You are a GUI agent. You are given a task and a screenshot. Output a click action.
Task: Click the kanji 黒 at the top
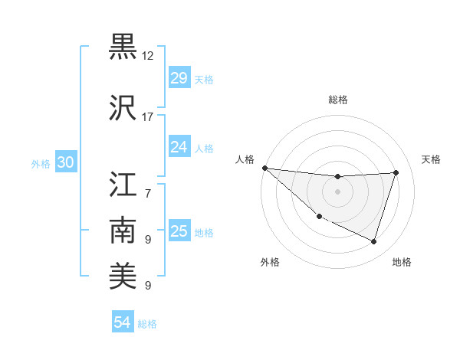click(x=123, y=47)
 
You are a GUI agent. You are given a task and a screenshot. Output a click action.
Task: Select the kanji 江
click(x=123, y=185)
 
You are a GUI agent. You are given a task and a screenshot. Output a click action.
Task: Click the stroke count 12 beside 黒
click(x=148, y=56)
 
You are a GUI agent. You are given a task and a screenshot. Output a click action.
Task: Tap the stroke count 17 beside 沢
click(x=148, y=117)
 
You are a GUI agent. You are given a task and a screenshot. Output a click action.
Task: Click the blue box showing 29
click(x=179, y=78)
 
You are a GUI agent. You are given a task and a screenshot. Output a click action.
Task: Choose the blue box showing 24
click(x=179, y=146)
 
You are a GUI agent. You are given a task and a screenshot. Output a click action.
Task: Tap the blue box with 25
click(x=179, y=231)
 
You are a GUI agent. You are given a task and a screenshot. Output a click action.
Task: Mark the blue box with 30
click(x=65, y=162)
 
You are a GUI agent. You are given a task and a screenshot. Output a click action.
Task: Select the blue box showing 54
click(x=123, y=322)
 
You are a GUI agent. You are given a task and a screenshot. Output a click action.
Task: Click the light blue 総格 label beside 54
click(x=147, y=324)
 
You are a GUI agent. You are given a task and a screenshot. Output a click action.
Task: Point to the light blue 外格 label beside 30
click(x=41, y=164)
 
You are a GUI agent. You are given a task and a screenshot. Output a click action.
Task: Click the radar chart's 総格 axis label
click(x=337, y=100)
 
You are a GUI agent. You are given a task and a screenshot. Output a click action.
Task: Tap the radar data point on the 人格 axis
click(x=264, y=168)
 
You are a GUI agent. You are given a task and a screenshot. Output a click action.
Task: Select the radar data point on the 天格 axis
click(x=396, y=172)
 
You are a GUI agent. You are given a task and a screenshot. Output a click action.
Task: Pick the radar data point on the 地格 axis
click(x=374, y=242)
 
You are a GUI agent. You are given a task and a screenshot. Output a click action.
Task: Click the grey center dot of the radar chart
click(x=337, y=191)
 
